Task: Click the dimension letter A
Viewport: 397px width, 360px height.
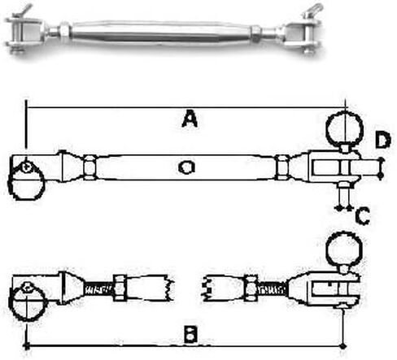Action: pos(190,120)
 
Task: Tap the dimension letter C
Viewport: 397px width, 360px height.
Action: pos(363,216)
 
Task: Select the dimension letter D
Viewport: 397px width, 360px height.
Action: pos(383,141)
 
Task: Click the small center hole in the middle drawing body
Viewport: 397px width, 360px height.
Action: pos(186,167)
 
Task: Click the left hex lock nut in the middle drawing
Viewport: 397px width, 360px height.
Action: pos(89,167)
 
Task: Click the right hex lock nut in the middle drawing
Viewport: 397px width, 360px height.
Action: pos(282,167)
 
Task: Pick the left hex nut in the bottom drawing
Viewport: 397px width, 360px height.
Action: pos(120,288)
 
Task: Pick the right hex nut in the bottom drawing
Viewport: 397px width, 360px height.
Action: pos(251,288)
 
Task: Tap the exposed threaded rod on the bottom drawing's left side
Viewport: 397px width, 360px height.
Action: pos(99,290)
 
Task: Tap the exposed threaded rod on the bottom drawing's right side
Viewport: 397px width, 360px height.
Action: pos(272,290)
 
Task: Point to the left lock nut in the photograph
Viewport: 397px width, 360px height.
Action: pos(64,31)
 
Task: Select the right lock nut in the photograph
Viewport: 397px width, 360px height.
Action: pos(255,33)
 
